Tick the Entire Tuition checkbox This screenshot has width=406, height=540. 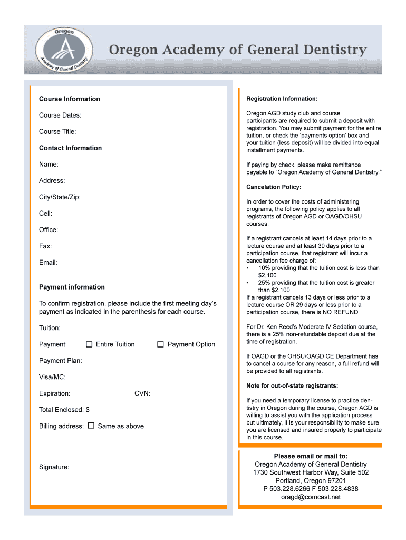pos(89,344)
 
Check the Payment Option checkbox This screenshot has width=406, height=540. pos(160,344)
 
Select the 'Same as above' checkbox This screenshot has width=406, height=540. pos(91,426)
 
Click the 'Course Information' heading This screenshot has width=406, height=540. pos(69,99)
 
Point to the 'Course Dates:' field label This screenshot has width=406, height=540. pos(60,115)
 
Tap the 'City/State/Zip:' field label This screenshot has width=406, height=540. pos(60,197)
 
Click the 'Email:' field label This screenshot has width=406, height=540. pos(48,262)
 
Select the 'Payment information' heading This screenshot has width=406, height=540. pos(72,287)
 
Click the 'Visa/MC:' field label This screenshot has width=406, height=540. pos(52,377)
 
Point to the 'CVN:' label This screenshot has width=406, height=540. pos(142,393)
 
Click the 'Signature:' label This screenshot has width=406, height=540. pos(54,467)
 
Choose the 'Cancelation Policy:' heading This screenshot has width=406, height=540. pos(274,187)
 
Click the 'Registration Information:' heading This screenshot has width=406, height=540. pos(282,99)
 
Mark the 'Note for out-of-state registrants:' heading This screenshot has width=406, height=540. pos(292,385)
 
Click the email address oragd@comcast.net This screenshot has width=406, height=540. pos(311,497)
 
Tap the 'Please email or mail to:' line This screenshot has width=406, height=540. pos(311,456)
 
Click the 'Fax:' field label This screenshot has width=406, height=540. pos(45,246)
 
